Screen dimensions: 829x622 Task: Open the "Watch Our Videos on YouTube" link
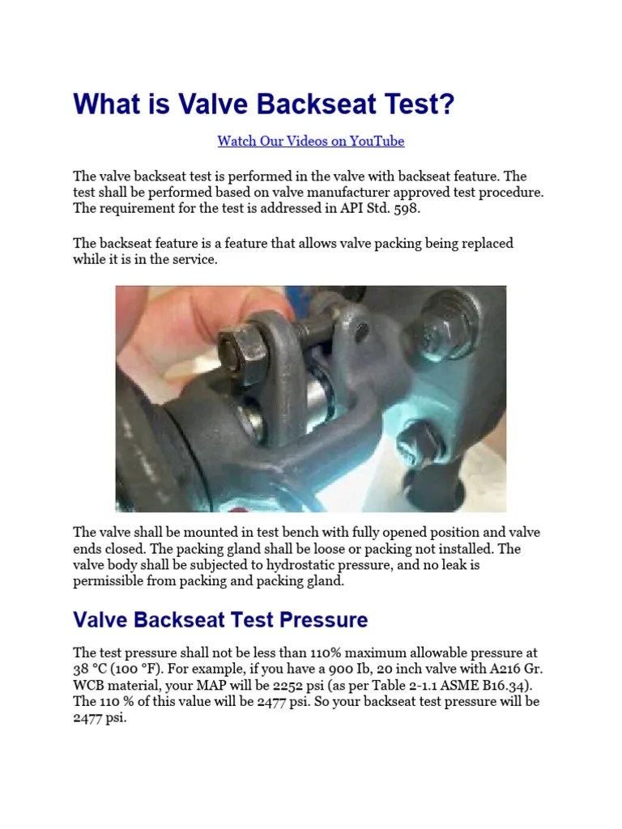[x=310, y=141]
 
